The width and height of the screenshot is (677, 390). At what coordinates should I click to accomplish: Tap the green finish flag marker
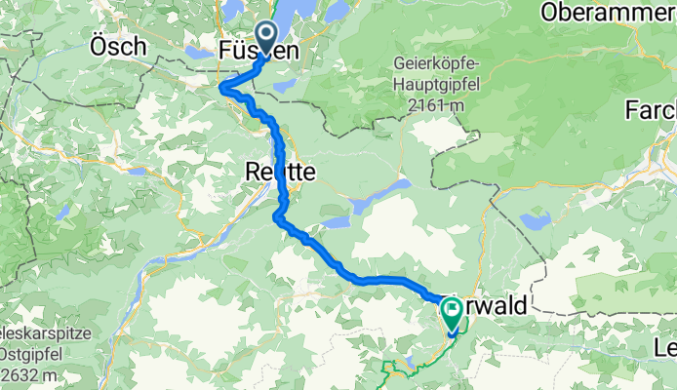pos(453,312)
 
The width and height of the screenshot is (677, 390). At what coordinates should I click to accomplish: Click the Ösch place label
pos(118,46)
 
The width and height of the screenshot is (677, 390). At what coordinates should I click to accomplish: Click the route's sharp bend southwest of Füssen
pos(224,88)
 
